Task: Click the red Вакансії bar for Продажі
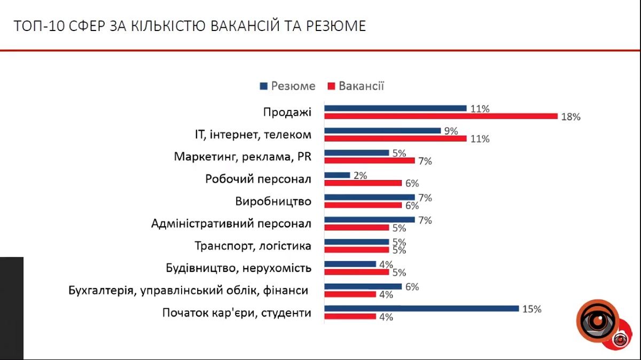coord(441,116)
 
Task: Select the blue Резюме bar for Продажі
coord(395,108)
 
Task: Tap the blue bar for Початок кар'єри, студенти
coord(421,308)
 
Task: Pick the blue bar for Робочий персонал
coord(337,175)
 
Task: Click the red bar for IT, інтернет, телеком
coord(395,138)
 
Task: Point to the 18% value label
coord(570,117)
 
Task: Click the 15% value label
coord(531,309)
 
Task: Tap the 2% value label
coord(360,175)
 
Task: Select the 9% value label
coord(451,131)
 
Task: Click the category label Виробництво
coord(273,201)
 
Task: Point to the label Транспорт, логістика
coord(253,246)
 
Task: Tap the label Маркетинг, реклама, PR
coord(243,156)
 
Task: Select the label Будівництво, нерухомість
coord(238,268)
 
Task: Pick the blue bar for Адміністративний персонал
coord(369,219)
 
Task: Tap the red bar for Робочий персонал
coord(363,183)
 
